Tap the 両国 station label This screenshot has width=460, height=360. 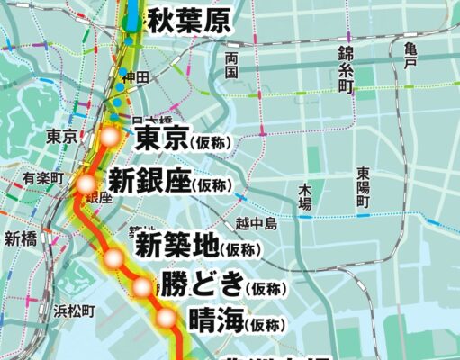coord(231,65)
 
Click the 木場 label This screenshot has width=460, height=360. coord(305,196)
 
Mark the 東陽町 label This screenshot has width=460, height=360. coord(363,187)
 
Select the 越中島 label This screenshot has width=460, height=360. coord(255,222)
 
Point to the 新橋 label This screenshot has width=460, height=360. coord(19,238)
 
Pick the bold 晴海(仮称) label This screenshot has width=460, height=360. coord(236,320)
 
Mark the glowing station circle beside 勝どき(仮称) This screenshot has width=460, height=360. coord(143,287)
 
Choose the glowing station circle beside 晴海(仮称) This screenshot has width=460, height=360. coord(167,318)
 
